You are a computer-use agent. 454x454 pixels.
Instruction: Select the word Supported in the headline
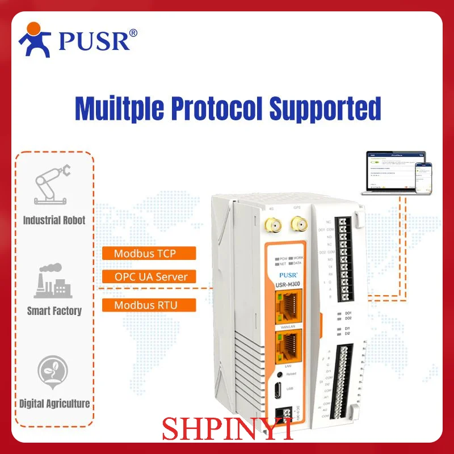[x=325, y=109]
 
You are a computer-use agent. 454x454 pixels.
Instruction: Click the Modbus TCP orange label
[x=149, y=253]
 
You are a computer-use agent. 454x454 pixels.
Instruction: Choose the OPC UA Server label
[x=149, y=277]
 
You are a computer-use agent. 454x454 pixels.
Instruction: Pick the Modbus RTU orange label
[x=149, y=305]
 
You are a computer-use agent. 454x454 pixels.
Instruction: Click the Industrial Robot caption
[x=54, y=220]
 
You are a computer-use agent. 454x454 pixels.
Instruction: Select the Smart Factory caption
[x=54, y=311]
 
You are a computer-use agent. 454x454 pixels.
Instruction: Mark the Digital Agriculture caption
[x=54, y=404]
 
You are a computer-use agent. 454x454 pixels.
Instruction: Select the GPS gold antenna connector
[x=296, y=227]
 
